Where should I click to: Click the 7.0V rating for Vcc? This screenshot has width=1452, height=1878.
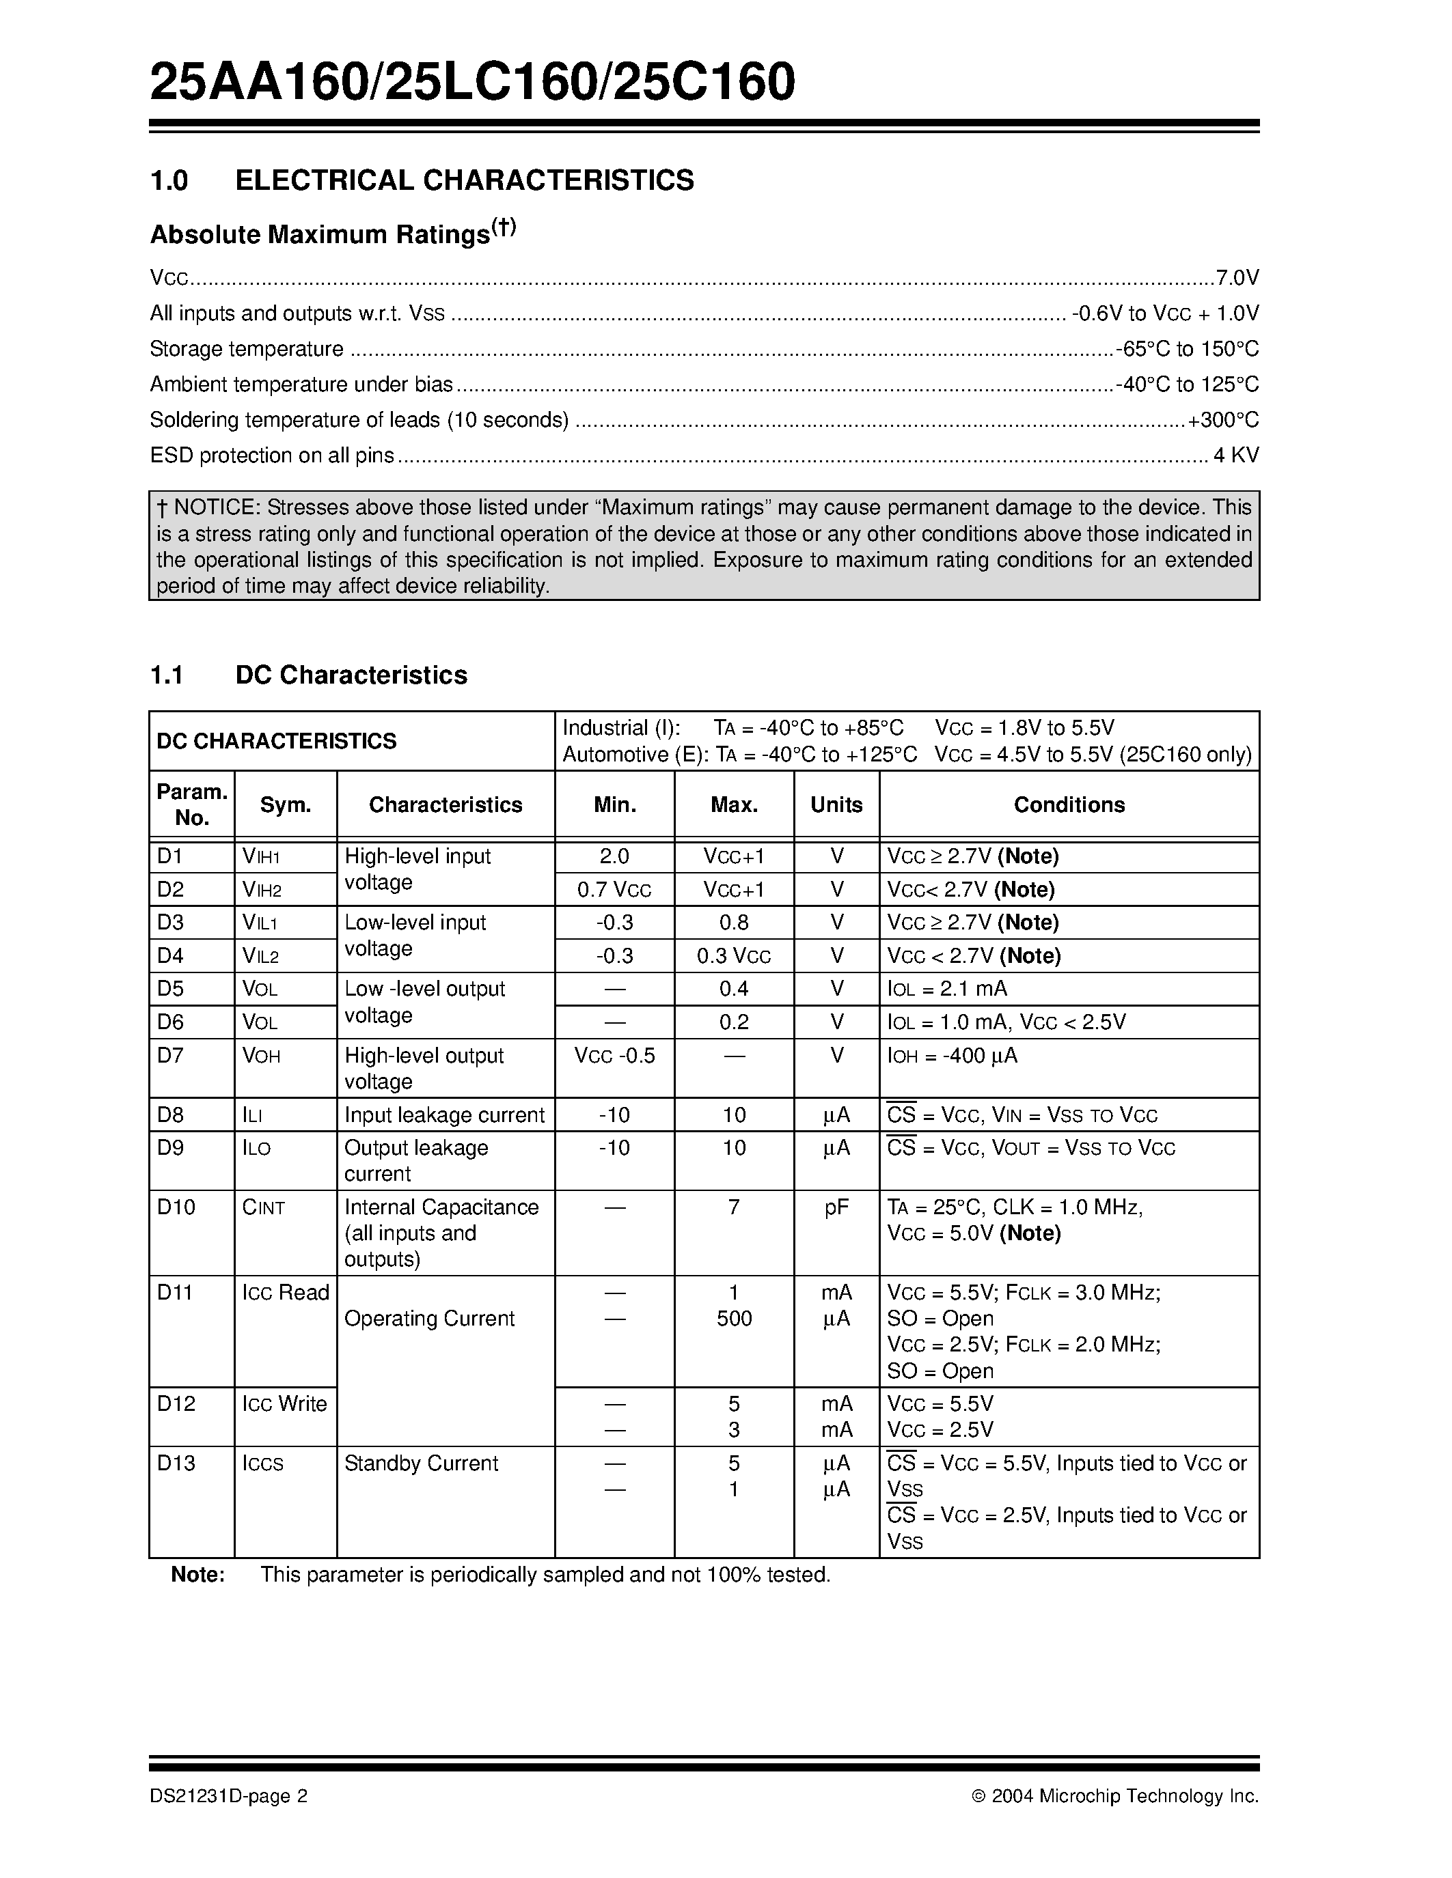pos(1237,278)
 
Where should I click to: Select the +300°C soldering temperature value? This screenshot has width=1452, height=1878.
pos(1222,421)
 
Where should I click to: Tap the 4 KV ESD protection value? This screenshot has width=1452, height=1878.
pos(1235,456)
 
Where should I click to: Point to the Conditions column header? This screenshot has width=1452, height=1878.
pos(1069,805)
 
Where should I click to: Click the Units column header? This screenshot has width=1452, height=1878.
pos(836,805)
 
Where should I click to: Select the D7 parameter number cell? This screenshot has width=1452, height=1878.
pos(172,1055)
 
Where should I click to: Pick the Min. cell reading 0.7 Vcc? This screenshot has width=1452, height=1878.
pos(614,890)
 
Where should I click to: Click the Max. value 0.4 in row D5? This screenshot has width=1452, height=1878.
pos(734,989)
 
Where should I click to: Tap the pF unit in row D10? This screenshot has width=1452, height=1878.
pos(836,1207)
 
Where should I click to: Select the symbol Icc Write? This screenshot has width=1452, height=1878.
pos(285,1404)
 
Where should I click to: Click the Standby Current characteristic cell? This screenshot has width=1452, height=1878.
pos(421,1463)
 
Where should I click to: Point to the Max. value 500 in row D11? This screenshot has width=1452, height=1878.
pos(734,1319)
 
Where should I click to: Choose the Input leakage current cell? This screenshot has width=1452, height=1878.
pos(444,1115)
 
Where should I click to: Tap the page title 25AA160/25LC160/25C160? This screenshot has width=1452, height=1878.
pos(472,83)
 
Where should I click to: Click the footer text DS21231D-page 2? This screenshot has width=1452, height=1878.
pos(228,1796)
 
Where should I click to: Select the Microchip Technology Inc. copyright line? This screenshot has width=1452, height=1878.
pos(1115,1796)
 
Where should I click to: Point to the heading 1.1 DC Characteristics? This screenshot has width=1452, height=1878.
pos(309,675)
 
